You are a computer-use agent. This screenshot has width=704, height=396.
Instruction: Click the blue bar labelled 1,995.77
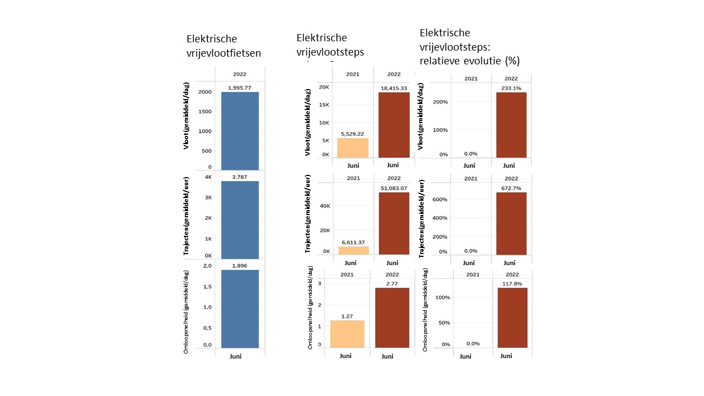pyautogui.click(x=240, y=131)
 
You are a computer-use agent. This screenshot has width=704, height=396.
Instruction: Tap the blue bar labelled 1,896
pyautogui.click(x=240, y=309)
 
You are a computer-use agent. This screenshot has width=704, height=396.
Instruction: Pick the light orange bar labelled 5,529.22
pyautogui.click(x=352, y=148)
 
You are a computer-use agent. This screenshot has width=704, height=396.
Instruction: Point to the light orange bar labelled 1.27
pyautogui.click(x=347, y=334)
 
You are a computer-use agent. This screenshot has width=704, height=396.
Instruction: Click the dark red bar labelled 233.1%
pyautogui.click(x=511, y=125)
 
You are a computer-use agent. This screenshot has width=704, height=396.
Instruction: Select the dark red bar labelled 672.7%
pyautogui.click(x=511, y=223)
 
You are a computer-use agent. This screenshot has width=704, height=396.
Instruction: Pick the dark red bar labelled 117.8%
pyautogui.click(x=512, y=317)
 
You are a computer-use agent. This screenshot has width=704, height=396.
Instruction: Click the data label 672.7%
pyautogui.click(x=511, y=188)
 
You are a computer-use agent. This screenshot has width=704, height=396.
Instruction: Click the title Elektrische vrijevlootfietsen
pyautogui.click(x=223, y=46)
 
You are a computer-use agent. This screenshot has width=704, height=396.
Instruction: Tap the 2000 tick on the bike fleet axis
pyautogui.click(x=205, y=92)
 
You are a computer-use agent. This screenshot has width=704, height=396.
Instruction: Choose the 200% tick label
pyautogui.click(x=441, y=102)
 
